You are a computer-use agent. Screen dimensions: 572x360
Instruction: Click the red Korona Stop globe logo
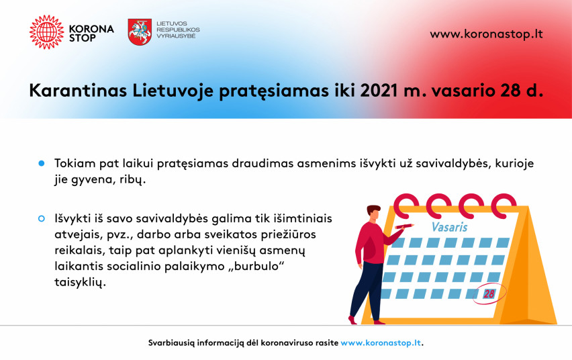(x=46, y=32)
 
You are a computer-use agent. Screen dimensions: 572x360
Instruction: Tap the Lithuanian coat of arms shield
(x=140, y=32)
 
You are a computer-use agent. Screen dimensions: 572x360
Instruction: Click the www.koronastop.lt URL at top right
(x=486, y=34)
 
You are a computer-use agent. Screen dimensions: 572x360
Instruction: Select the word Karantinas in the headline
(x=78, y=91)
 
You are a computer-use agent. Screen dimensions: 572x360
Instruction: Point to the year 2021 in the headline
(x=379, y=91)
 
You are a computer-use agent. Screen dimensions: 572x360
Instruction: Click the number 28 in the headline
(x=510, y=91)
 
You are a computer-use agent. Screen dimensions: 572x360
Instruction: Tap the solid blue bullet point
(x=42, y=163)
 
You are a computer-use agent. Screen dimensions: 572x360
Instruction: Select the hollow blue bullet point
(x=42, y=218)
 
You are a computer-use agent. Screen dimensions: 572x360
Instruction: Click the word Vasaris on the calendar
(x=449, y=227)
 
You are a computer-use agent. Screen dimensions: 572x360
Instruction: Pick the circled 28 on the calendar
(x=489, y=294)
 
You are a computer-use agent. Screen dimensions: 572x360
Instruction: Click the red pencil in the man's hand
(x=404, y=226)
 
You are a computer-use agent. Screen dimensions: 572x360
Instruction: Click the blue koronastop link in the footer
(x=381, y=343)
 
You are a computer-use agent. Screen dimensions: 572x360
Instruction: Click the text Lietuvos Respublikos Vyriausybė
(x=178, y=30)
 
